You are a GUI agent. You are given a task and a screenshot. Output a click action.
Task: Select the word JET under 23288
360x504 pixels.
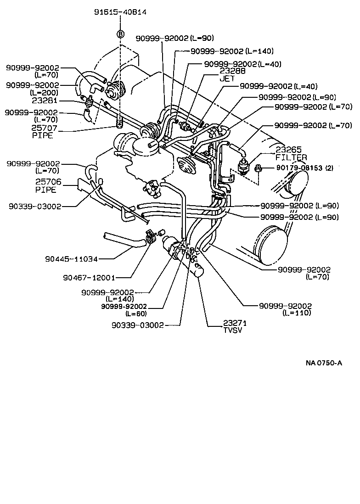[227, 78]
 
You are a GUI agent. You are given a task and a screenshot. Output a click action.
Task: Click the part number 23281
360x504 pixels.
[44, 100]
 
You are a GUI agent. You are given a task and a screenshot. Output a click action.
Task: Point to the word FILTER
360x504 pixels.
[291, 157]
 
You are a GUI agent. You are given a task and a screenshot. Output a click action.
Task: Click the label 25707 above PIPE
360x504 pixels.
[43, 129]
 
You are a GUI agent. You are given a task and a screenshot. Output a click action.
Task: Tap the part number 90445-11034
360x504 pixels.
[71, 259]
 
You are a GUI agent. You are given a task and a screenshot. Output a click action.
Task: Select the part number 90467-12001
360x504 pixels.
[89, 277]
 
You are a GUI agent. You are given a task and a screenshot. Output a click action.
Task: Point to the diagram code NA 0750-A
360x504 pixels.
[324, 363]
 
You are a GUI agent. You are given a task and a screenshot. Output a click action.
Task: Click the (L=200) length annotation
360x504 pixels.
[46, 92]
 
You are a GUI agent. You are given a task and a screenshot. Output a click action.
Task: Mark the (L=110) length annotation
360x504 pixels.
[297, 313]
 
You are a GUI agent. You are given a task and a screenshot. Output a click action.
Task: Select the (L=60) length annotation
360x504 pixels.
[135, 314]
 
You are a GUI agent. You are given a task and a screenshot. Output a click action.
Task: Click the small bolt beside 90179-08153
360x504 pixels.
[259, 168]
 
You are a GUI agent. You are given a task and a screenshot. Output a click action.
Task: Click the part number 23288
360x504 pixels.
[232, 71]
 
